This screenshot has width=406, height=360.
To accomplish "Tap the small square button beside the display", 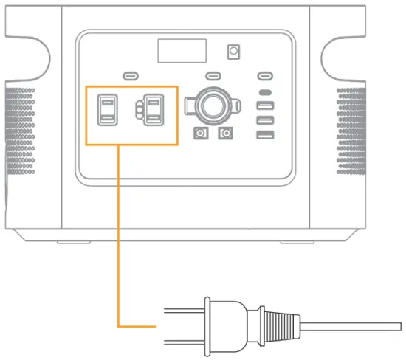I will click(235, 52).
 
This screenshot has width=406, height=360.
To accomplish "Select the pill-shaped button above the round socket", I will click(213, 75).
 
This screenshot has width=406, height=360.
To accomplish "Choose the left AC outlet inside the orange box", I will click(107, 111).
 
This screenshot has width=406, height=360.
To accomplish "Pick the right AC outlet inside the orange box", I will click(153, 111).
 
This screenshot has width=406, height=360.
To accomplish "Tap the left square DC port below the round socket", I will click(200, 134).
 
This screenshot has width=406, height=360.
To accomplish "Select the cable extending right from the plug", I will click(354, 325).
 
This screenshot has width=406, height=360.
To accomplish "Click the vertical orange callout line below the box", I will click(118, 236).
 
